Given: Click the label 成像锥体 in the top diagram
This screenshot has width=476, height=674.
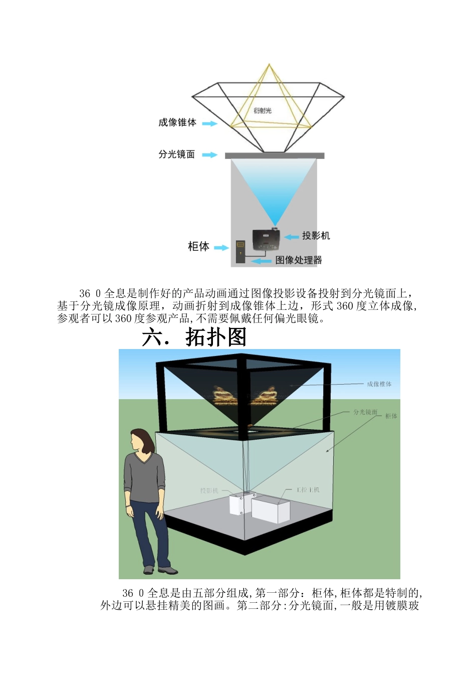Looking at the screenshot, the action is pos(177,122).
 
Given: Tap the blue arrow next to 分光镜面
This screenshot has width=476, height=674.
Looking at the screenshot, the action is pos(210,155).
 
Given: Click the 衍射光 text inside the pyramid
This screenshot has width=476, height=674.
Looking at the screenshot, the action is pos(263,110).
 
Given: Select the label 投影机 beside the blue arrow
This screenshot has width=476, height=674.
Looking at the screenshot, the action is pos(316,236).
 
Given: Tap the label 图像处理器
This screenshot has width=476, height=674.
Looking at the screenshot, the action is pos(299,260).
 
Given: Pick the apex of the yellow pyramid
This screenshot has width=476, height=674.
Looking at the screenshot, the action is pos(269,65).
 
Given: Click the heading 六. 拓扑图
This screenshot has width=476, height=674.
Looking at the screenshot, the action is pos(194,337).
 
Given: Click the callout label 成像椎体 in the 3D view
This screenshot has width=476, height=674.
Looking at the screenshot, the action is pos(379,384).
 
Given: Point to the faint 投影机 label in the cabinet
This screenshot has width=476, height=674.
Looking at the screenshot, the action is pos(209,490).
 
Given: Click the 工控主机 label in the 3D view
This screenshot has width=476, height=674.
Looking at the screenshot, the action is pos(308,489).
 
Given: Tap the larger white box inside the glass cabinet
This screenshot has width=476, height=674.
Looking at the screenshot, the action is pos(271,509).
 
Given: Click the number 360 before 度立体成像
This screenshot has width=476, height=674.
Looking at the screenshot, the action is pos(345,306).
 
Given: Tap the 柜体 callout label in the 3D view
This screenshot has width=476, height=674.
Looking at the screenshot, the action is pos(391,416).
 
